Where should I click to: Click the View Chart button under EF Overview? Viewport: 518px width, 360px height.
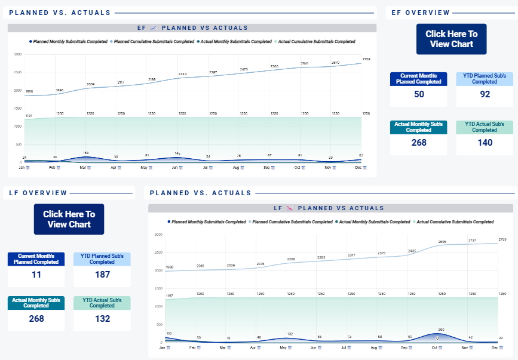point(451,39)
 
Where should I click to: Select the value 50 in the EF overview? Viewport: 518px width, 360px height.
point(419,94)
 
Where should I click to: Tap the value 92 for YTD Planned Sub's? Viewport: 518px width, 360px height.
point(485,94)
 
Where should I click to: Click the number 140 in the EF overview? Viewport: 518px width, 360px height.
point(485,143)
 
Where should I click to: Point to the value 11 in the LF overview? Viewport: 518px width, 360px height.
point(36,274)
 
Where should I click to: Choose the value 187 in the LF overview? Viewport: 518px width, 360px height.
point(102,274)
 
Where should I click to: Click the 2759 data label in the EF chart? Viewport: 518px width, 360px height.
point(366,59)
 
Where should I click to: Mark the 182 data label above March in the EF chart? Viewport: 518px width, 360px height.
point(86,153)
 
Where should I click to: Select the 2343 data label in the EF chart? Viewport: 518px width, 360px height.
point(182,74)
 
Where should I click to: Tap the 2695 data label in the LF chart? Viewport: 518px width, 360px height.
point(442,242)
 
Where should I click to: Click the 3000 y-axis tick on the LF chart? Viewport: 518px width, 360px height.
point(158,235)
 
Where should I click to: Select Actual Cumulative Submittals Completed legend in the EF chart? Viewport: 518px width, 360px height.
point(317,42)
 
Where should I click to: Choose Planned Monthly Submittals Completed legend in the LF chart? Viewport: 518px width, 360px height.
point(209,221)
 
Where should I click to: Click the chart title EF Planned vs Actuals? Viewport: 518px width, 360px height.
point(192,28)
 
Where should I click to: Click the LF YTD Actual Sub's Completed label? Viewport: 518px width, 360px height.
point(102,303)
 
